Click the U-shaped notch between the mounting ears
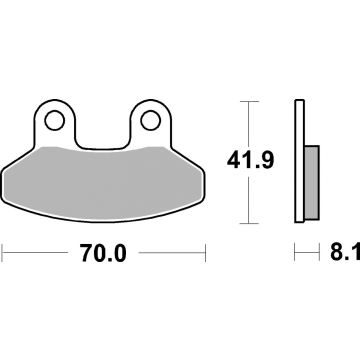tap(103, 130)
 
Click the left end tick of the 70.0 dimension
tap(4, 254)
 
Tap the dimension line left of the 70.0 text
tap(40, 254)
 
